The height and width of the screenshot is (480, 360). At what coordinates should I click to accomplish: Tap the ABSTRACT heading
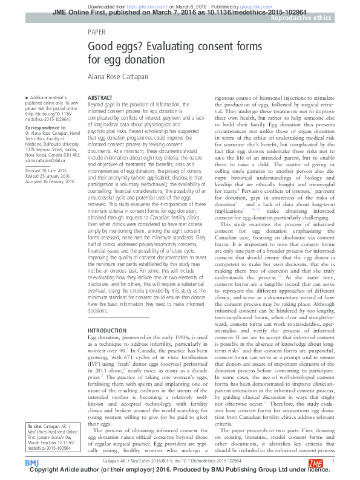click(100, 97)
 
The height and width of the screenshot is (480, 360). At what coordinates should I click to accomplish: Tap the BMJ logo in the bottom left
click(31, 463)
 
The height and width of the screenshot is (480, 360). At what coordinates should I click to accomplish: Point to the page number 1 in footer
click(334, 460)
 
